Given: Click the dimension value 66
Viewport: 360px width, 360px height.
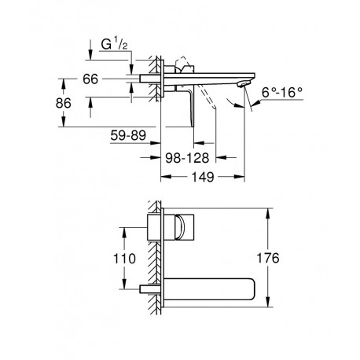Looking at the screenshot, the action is [90, 79].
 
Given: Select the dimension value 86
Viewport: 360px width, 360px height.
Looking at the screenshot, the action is [63, 103].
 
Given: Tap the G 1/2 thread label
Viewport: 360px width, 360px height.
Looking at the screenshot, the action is [114, 45].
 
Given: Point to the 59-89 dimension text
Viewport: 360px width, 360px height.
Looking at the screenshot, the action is [128, 135].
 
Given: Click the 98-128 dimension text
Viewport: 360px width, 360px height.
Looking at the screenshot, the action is [187, 158].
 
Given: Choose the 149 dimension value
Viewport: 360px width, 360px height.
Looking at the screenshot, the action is [203, 177].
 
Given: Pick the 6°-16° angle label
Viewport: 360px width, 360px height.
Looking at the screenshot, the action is [282, 92].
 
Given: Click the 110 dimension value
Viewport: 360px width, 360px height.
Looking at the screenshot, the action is [124, 259].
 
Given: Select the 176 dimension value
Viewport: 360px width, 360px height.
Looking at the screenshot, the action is [268, 258].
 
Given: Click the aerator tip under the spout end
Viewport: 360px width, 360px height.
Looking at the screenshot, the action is [242, 84].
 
